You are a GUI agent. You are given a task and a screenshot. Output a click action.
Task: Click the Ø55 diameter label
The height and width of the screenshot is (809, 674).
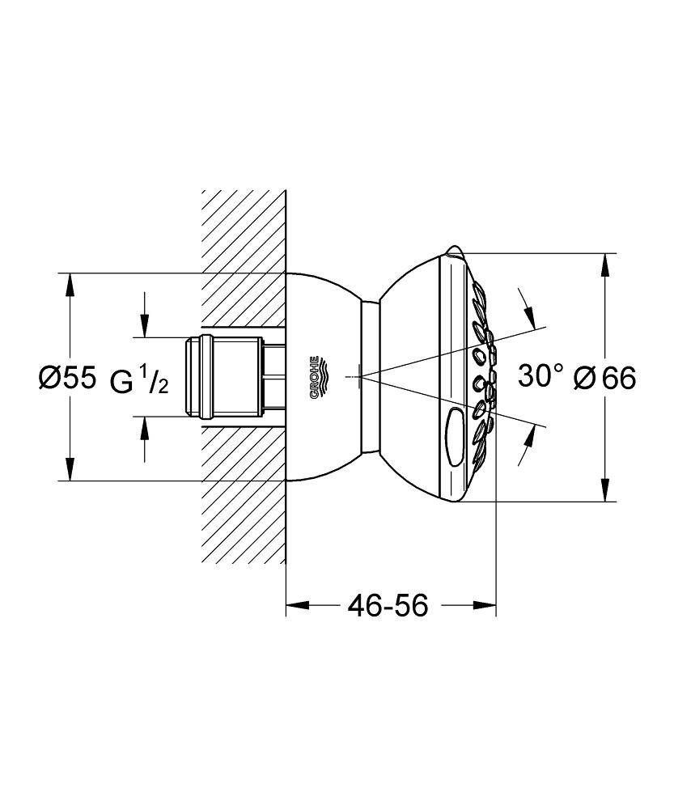tap(68, 377)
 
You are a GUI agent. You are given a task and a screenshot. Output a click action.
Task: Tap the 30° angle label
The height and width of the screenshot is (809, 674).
tap(540, 375)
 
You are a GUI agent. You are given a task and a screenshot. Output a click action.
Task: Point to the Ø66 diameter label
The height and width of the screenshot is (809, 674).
tap(604, 377)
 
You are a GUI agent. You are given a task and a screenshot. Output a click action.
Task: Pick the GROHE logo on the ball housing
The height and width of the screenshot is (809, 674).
tap(316, 376)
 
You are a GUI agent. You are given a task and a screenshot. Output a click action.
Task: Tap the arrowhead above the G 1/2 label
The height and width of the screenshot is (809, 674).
tap(144, 328)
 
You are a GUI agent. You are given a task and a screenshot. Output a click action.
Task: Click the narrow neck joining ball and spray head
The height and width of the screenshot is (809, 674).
tap(371, 376)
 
